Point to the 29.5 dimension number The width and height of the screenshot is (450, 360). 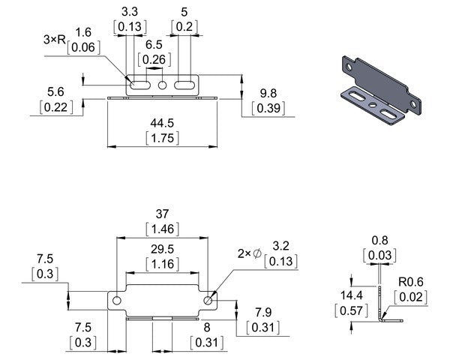pos(161,248)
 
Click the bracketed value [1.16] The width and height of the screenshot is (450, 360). pos(161,264)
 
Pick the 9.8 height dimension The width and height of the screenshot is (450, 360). pos(267,93)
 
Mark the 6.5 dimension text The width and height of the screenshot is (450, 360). pos(154,44)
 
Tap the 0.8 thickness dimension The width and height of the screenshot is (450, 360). pos(379,241)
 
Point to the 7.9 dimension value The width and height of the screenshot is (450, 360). pos(263,311)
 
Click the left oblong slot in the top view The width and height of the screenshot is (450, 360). pos(139,85)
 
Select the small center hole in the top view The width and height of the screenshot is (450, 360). pos(162,85)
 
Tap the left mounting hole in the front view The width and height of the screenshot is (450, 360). pos(117,300)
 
